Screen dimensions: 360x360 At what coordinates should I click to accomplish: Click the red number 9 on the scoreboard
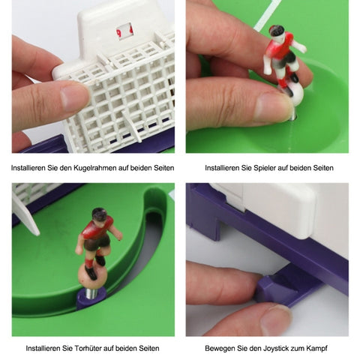click(119, 33)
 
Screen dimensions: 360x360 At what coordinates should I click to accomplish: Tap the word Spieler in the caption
click(265, 168)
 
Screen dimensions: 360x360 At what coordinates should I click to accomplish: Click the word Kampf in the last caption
click(316, 348)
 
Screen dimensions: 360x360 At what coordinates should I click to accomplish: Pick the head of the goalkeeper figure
click(99, 214)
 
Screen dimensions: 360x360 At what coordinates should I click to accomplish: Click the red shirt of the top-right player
click(279, 47)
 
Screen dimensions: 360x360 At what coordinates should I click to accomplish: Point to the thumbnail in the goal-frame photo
click(75, 96)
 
